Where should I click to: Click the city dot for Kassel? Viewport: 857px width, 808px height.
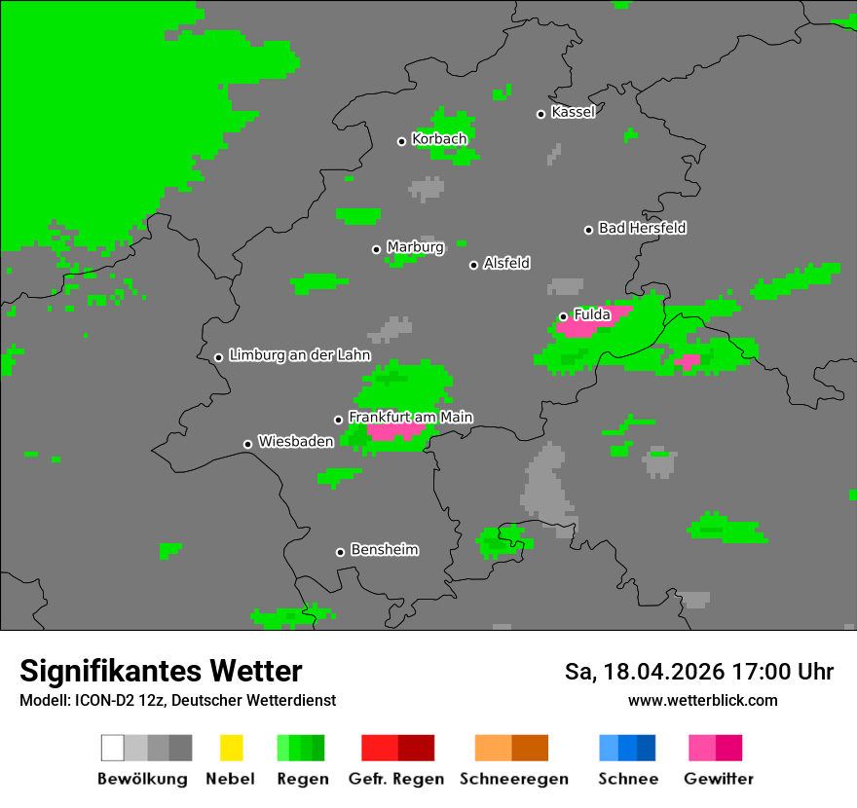[541, 114]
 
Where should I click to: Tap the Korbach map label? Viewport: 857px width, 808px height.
[439, 139]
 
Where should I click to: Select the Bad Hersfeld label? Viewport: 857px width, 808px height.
[642, 228]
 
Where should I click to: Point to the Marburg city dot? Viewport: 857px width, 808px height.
[377, 249]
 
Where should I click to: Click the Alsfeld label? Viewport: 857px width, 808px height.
[506, 263]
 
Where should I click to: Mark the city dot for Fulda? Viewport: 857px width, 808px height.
[563, 316]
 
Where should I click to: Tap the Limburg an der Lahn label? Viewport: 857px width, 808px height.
[299, 355]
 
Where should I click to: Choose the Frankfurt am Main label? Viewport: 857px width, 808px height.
[410, 418]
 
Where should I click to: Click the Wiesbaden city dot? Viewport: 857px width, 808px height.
[248, 444]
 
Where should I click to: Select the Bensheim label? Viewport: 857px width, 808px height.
[384, 550]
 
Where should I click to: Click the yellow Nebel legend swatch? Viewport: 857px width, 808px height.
[231, 748]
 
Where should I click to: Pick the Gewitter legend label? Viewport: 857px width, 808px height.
[719, 779]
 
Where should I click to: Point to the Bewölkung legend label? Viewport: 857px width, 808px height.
[142, 779]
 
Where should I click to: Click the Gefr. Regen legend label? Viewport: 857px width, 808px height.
[396, 779]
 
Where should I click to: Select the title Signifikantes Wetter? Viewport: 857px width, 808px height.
[161, 672]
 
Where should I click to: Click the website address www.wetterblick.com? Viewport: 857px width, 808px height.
[702, 700]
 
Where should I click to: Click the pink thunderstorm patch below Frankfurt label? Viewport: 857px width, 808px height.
[395, 431]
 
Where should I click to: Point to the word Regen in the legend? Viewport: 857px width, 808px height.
[301, 779]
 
